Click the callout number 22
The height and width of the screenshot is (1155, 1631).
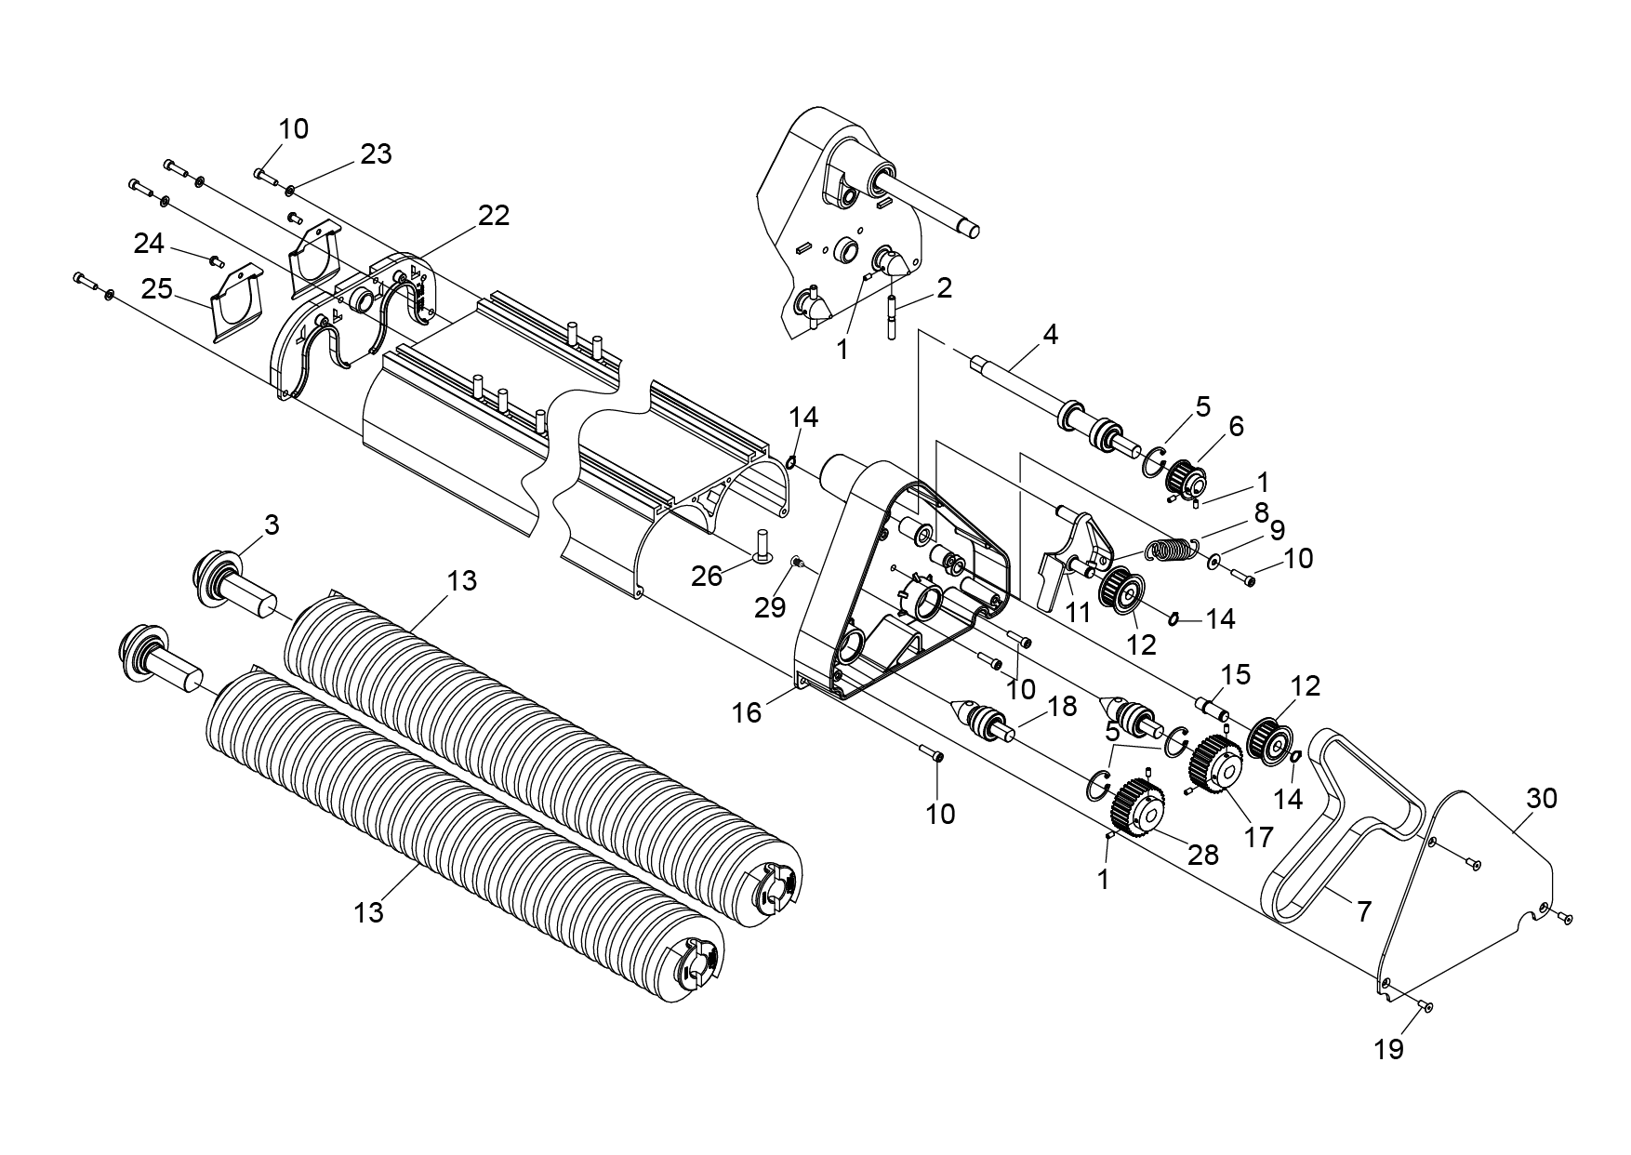pos(494,216)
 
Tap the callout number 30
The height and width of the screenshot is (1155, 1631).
pos(1542,798)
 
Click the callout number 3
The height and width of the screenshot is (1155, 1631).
pos(271,525)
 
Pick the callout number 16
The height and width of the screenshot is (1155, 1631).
pos(747,712)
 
